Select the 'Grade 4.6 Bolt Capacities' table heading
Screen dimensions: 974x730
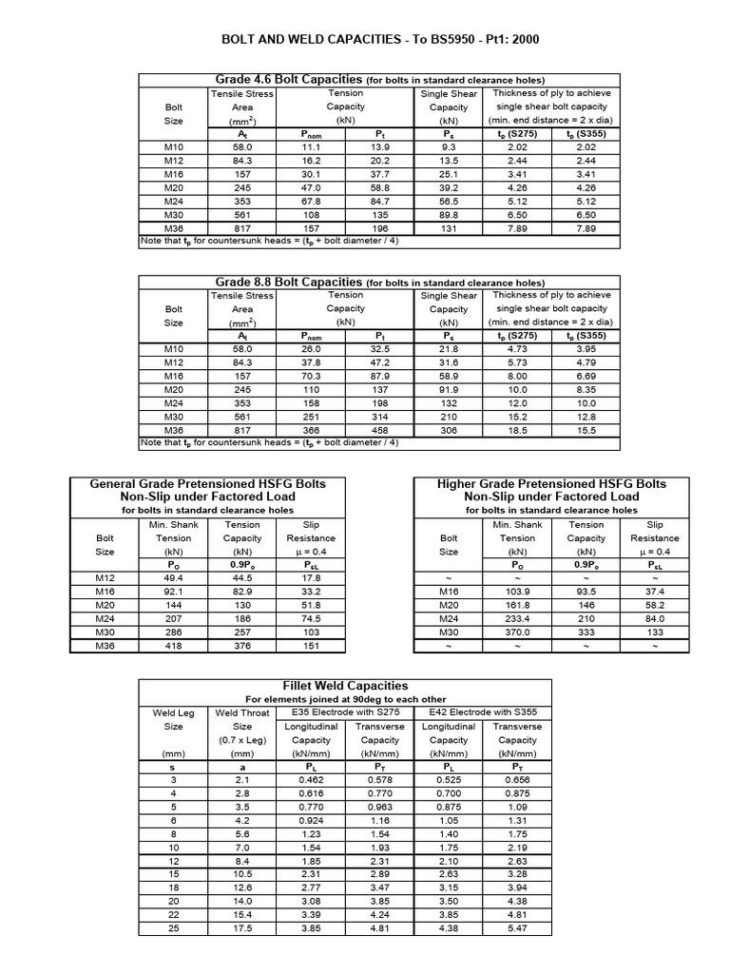pos(286,79)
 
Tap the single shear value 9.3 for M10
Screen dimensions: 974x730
pos(449,147)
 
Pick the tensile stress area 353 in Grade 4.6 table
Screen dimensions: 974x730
pos(242,202)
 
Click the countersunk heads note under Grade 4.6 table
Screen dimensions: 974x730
pos(269,243)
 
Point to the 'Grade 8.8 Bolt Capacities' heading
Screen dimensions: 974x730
pos(286,282)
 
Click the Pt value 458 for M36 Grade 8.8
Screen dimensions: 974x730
pos(380,430)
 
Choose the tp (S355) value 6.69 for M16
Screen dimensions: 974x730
pos(585,376)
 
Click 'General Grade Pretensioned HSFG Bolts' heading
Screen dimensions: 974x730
pos(207,483)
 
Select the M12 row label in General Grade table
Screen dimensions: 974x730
pos(105,577)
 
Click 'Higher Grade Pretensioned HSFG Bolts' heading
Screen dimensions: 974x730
pos(551,483)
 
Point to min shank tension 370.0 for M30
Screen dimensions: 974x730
pos(517,632)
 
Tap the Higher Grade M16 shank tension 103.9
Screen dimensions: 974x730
pos(517,591)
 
